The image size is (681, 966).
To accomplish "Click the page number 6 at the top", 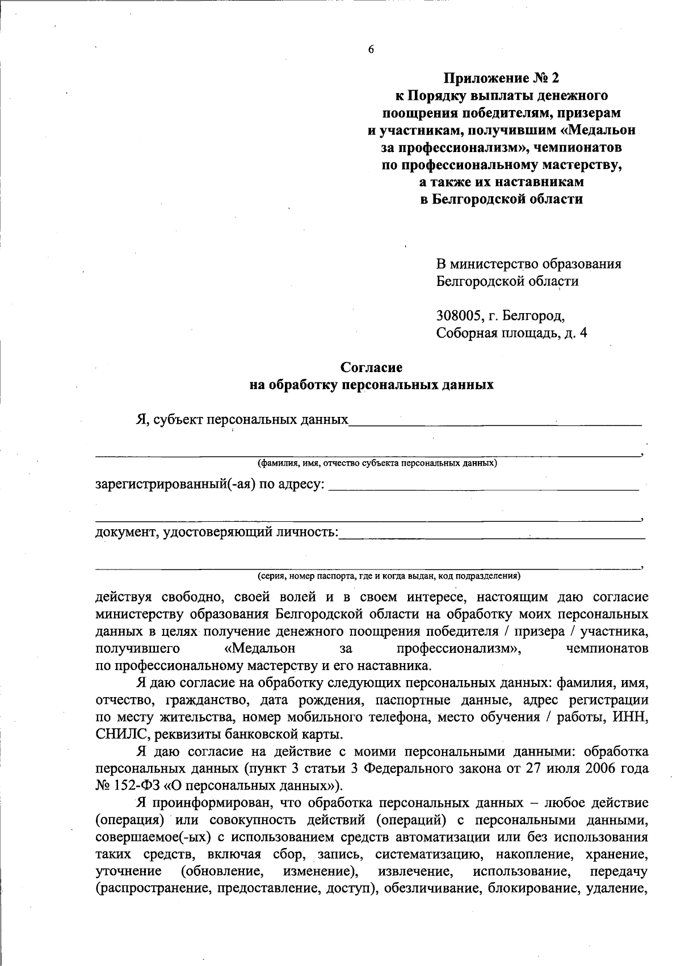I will (x=371, y=49).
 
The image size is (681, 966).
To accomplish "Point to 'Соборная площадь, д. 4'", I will (x=511, y=333).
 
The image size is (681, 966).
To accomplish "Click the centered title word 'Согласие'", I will (x=371, y=368).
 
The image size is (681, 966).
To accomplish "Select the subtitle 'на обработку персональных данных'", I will (x=371, y=385).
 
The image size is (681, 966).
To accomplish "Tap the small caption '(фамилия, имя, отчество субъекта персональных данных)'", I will (x=377, y=463).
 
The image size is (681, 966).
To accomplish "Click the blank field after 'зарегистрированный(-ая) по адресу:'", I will (x=484, y=485).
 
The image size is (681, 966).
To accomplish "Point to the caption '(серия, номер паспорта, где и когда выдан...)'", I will (x=389, y=576).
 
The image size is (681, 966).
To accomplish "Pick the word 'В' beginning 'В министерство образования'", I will (x=441, y=264).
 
